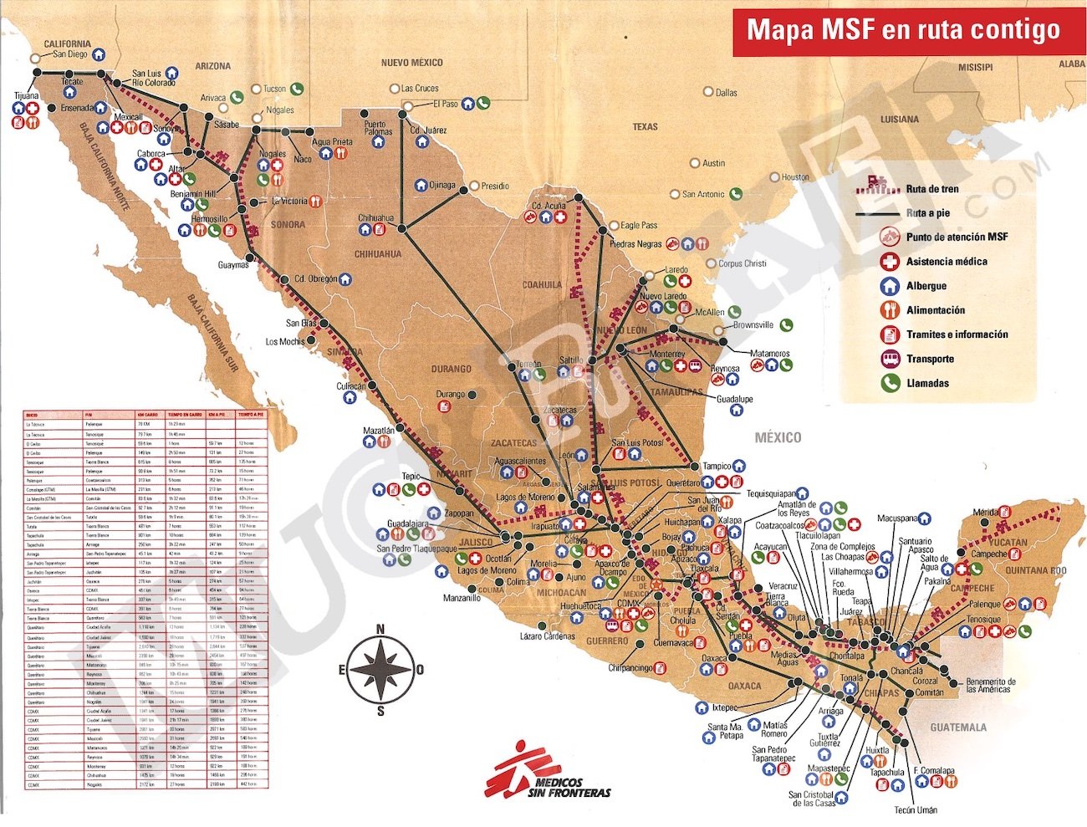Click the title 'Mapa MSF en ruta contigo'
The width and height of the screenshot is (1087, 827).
point(903,30)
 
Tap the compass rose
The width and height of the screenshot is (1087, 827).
point(380,669)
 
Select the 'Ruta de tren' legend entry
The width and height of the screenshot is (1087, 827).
point(931,189)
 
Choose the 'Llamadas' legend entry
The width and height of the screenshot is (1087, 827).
point(927,383)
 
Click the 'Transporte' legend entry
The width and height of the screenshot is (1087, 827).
point(930,359)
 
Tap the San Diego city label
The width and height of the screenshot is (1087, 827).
point(70,54)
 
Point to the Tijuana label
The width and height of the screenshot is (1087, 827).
point(26,96)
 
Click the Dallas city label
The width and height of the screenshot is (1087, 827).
point(726,93)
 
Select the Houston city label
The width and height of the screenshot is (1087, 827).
point(795,177)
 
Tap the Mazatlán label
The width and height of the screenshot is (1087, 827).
point(378,431)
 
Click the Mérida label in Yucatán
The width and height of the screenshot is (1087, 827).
point(985,513)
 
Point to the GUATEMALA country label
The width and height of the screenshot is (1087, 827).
point(958,727)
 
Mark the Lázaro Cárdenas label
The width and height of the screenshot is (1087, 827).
point(548,636)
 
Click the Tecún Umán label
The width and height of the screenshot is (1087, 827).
point(916,809)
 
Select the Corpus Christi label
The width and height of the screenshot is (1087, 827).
point(743,263)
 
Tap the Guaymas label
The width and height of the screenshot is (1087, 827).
point(233,265)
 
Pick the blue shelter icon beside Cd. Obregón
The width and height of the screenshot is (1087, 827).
point(344,279)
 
